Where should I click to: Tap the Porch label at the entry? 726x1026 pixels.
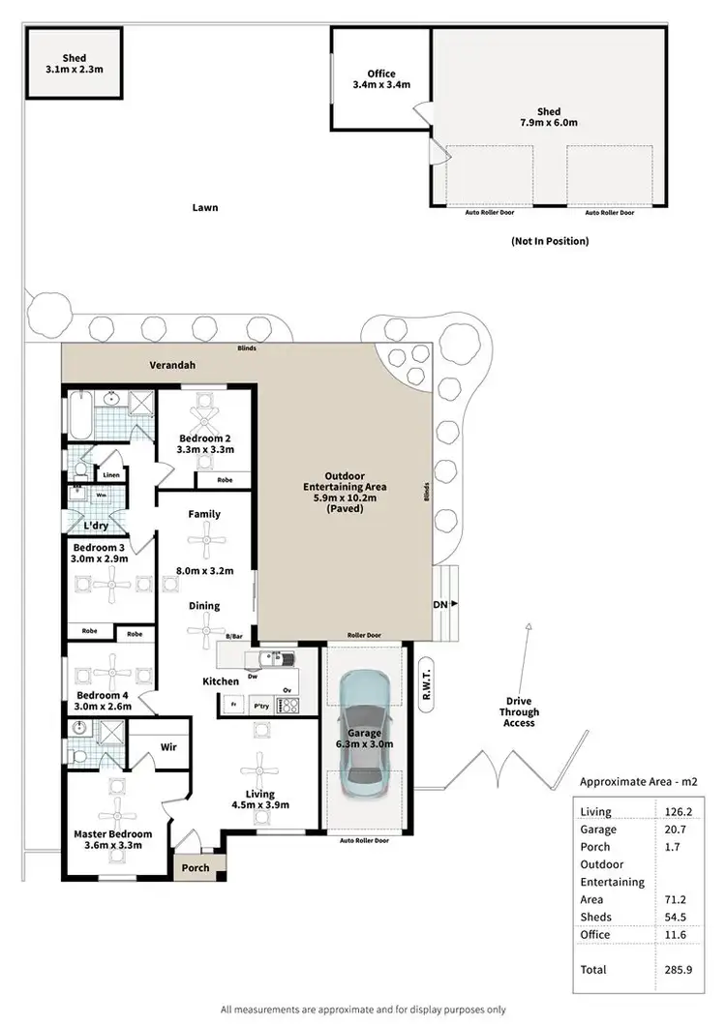coord(196,867)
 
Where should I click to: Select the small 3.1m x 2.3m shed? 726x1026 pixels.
coord(74,64)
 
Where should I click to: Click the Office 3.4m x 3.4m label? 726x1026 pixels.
coord(381,79)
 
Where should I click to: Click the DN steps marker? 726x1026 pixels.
coord(440,603)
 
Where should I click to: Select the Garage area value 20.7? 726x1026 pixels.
coord(673,830)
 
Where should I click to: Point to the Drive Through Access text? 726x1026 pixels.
coord(519,711)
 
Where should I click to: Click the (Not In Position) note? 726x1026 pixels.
coord(550,241)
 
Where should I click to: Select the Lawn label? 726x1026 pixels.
coord(204,207)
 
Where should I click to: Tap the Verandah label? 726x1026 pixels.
coord(172,366)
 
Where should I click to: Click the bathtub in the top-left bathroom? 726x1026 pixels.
coord(78,416)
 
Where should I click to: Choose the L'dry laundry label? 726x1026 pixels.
coord(96,525)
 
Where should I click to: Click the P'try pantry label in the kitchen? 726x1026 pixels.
coord(260,707)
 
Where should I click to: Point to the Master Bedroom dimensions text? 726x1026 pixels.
coord(113,846)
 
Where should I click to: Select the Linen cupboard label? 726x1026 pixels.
coord(111,474)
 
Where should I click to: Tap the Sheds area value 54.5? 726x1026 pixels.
coord(673,917)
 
